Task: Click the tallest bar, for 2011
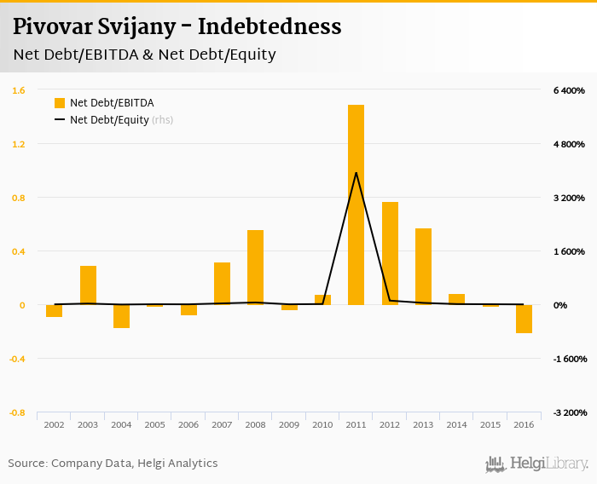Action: coord(356,205)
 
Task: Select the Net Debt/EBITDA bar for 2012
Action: coord(390,253)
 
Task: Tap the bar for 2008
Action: coord(255,267)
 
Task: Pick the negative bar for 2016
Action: coord(524,319)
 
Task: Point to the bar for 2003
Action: coord(88,285)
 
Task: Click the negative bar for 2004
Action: coord(121,316)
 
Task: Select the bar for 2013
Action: coord(423,266)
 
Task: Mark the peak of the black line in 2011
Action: coord(356,173)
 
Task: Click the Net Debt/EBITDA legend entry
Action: coord(104,103)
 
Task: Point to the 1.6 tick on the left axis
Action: coord(19,90)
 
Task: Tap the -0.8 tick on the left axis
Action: coord(17,412)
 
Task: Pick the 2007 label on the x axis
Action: coord(222,424)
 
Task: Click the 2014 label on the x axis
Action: coord(456,424)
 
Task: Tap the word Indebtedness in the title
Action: coord(270,27)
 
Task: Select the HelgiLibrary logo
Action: coord(536,464)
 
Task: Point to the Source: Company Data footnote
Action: coord(113,464)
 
